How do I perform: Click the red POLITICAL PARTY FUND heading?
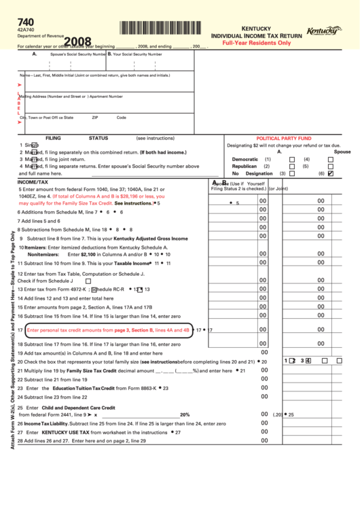[283, 137]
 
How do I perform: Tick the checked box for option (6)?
[331, 173]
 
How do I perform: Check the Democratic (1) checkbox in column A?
[292, 159]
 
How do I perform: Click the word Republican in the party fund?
[245, 166]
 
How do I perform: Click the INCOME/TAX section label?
[33, 182]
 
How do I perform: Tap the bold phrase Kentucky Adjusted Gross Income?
[151, 239]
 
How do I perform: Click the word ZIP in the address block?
[95, 118]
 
